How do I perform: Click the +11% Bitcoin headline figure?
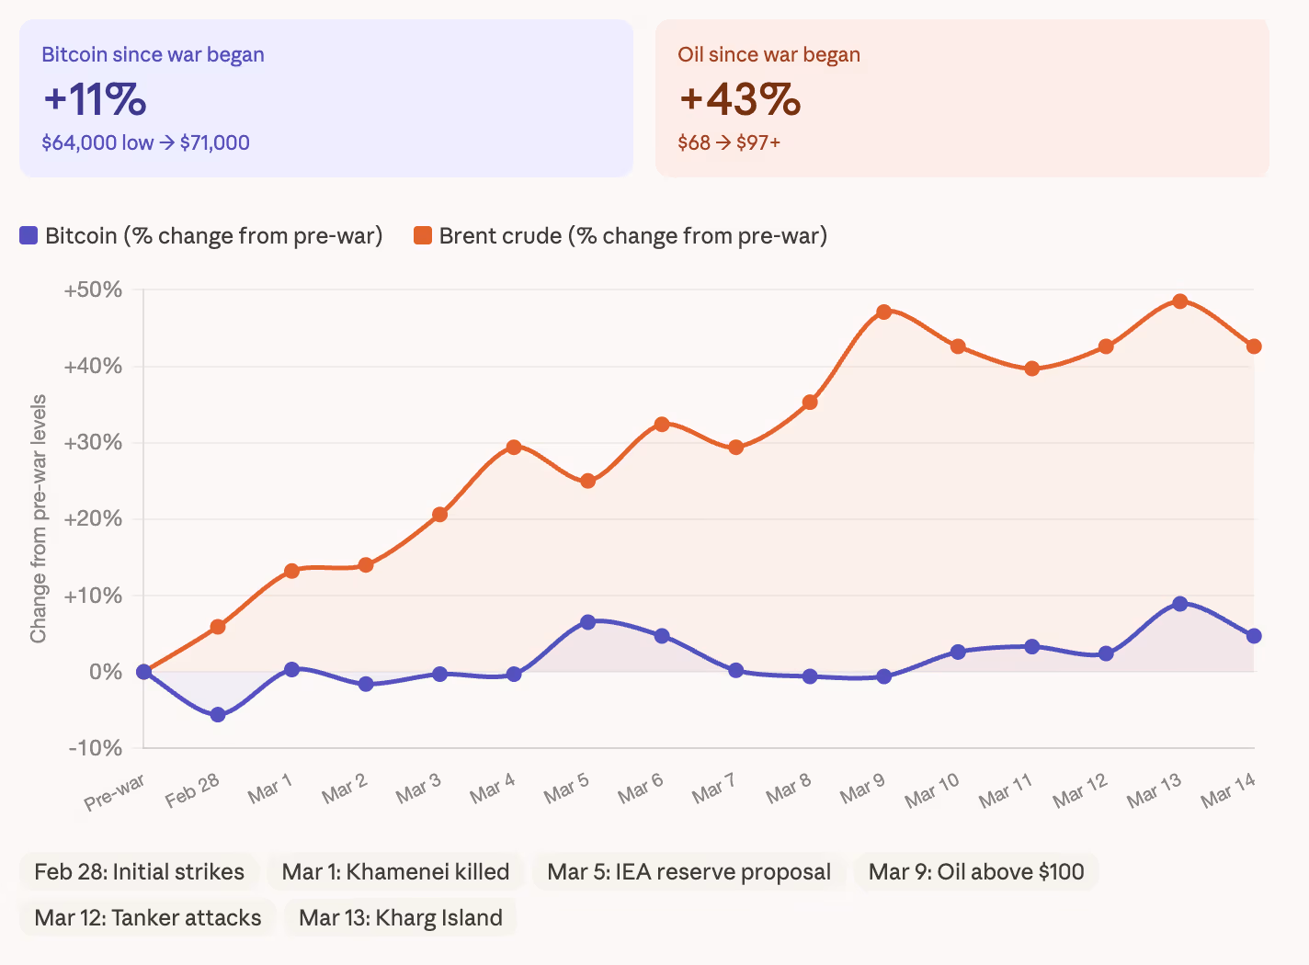tap(95, 99)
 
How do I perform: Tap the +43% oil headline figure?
tap(740, 99)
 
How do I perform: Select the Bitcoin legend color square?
tap(28, 236)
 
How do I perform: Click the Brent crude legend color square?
tap(423, 236)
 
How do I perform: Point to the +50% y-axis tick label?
tap(93, 290)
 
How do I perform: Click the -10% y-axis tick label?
tap(96, 748)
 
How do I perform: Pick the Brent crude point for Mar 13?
tap(1180, 301)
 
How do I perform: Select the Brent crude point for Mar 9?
tap(884, 312)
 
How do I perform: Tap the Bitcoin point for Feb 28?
tap(218, 715)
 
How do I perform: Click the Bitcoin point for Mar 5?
tap(588, 622)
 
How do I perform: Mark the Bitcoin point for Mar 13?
tap(1180, 604)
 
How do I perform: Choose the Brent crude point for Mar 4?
tap(514, 448)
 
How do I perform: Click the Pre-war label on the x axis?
tap(115, 792)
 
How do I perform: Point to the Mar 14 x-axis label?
tap(1228, 790)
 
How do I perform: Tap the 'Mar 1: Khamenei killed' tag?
tap(395, 872)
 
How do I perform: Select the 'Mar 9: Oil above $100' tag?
tap(976, 872)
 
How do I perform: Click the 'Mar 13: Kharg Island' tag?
tap(401, 918)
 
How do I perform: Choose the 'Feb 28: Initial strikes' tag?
tap(139, 872)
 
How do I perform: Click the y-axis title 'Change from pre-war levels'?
tap(39, 519)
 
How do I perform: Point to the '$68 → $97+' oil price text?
tap(729, 143)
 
